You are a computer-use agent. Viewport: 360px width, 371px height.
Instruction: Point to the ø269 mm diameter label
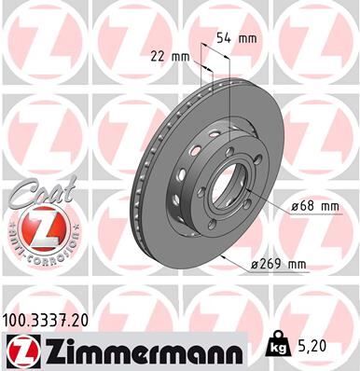(279, 264)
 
